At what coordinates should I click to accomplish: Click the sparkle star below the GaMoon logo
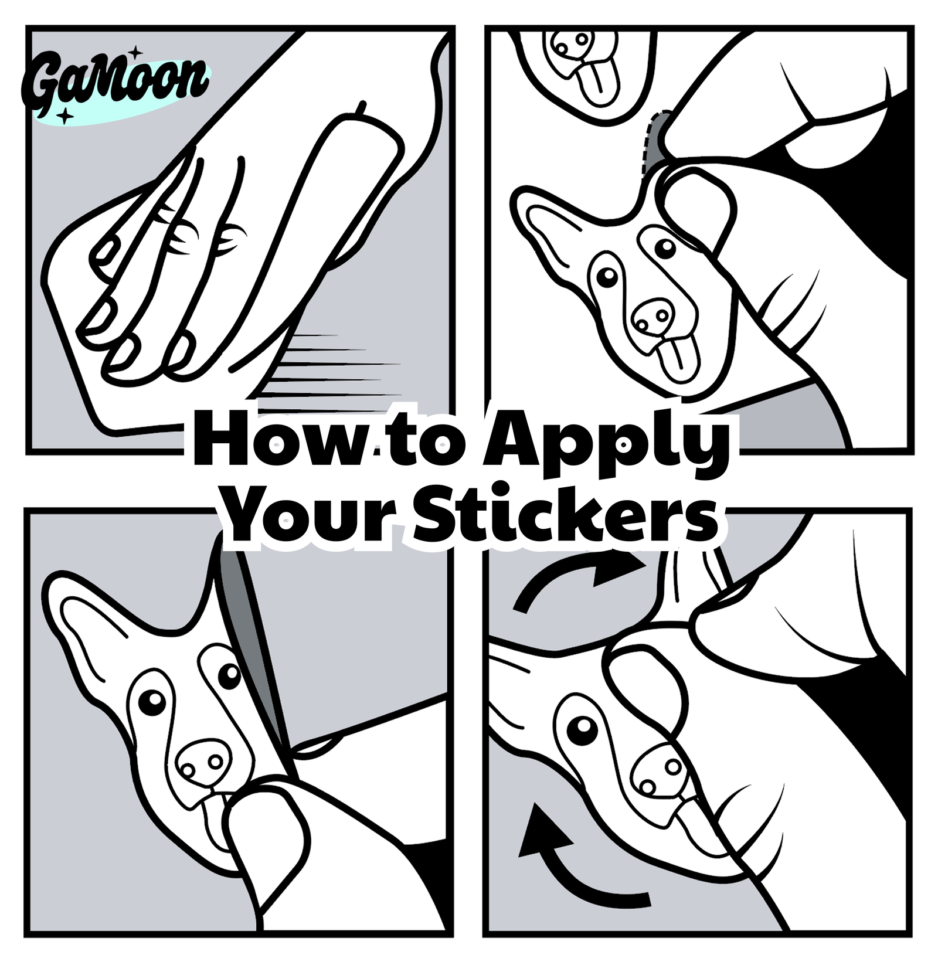[66, 116]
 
